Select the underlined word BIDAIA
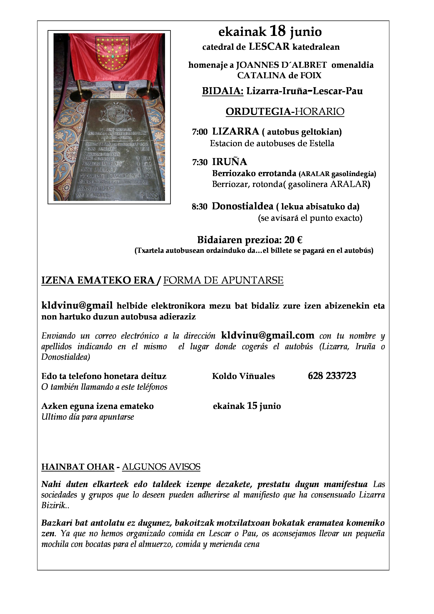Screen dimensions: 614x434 [222, 91]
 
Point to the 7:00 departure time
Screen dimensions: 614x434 [199, 132]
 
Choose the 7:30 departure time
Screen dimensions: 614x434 [199, 162]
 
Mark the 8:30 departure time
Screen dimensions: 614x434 [199, 207]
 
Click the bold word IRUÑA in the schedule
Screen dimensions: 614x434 [229, 162]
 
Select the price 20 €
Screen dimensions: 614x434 [293, 240]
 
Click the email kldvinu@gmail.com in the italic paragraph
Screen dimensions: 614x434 [268, 335]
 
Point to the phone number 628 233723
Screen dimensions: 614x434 [332, 376]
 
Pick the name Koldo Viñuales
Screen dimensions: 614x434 [243, 376]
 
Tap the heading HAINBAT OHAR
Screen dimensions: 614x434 [78, 467]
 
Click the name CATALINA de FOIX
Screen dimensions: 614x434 [279, 75]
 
